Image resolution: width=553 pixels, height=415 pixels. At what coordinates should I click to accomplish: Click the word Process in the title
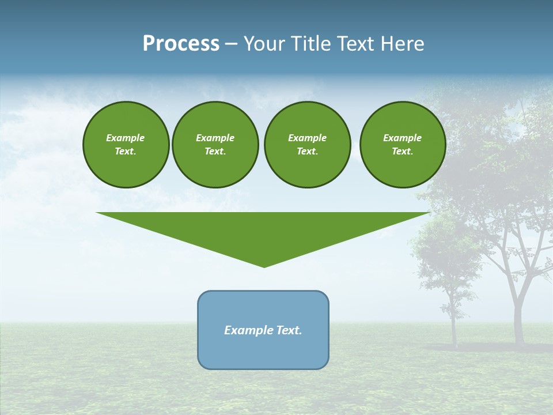181,44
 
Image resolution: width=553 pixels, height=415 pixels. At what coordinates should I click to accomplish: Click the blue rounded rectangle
263,352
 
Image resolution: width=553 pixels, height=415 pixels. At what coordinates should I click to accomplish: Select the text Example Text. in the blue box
263,330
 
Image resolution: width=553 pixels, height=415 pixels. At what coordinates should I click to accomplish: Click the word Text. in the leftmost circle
126,152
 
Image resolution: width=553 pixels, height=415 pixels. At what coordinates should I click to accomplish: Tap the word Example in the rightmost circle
402,138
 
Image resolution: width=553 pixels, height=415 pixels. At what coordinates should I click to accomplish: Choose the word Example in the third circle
307,138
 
